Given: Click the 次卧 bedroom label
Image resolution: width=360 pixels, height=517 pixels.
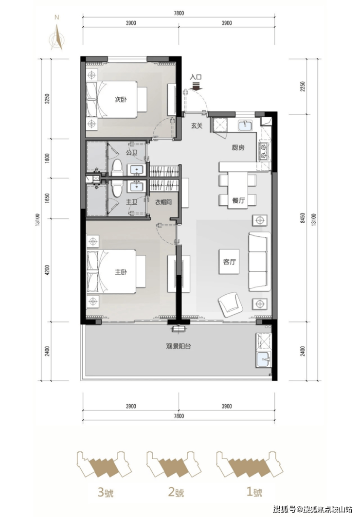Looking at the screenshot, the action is tap(121, 99).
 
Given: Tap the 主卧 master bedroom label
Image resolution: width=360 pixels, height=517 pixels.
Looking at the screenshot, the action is tap(121, 272).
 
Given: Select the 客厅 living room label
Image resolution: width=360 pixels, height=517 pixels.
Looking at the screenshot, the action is tap(230, 262).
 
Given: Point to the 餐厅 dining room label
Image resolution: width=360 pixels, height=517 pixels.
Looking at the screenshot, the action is tap(238, 200).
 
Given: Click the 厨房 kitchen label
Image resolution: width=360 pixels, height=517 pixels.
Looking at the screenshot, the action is tap(238, 148).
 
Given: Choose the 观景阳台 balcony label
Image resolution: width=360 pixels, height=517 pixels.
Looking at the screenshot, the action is tap(179, 347).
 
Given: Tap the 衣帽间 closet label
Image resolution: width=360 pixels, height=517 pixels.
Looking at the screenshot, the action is tap(163, 202).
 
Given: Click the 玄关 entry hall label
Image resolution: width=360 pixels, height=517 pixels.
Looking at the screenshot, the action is tap(197, 125).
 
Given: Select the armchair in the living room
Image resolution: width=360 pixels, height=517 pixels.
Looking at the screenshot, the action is tap(231, 304).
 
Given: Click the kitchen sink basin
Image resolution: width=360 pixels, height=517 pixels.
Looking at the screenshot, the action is tap(245, 125).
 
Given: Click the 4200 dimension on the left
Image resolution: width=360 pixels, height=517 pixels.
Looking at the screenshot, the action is tap(48, 270).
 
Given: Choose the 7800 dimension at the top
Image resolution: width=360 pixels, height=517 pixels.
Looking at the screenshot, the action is tap(179, 13).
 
